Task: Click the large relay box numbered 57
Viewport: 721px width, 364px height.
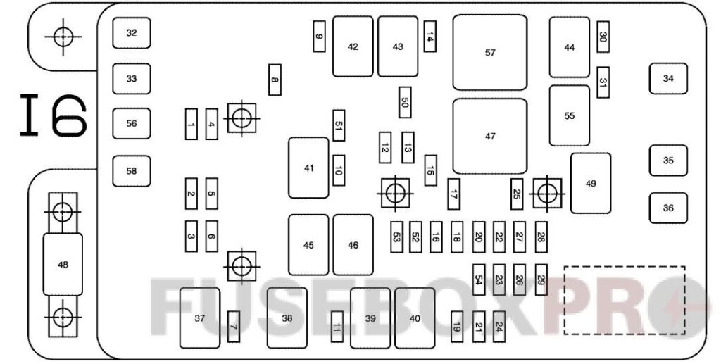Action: tap(490, 53)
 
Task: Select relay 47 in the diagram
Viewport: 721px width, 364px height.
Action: tap(490, 137)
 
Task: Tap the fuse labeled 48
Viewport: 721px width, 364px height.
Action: tap(63, 264)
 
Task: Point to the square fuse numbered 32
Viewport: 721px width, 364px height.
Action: tap(132, 33)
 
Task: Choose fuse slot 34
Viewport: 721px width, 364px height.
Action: tap(668, 78)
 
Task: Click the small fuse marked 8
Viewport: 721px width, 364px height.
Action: tap(275, 80)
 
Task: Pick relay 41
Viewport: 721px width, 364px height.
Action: tap(308, 168)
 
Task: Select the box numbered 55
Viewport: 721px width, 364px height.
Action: tap(570, 116)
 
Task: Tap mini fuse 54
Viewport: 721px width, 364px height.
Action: tap(479, 279)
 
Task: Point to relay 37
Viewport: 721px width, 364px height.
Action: tap(200, 318)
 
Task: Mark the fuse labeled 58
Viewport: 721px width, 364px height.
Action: tap(132, 171)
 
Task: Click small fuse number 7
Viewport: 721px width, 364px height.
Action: tap(234, 326)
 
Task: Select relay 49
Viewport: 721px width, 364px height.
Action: tap(591, 183)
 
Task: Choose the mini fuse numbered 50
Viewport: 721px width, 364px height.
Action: tap(404, 102)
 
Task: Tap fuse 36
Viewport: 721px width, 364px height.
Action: tap(668, 208)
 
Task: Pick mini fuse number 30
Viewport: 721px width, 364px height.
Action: tap(603, 37)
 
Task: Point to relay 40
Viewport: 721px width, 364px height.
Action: tap(415, 318)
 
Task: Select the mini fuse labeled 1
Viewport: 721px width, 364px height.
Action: tap(191, 124)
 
